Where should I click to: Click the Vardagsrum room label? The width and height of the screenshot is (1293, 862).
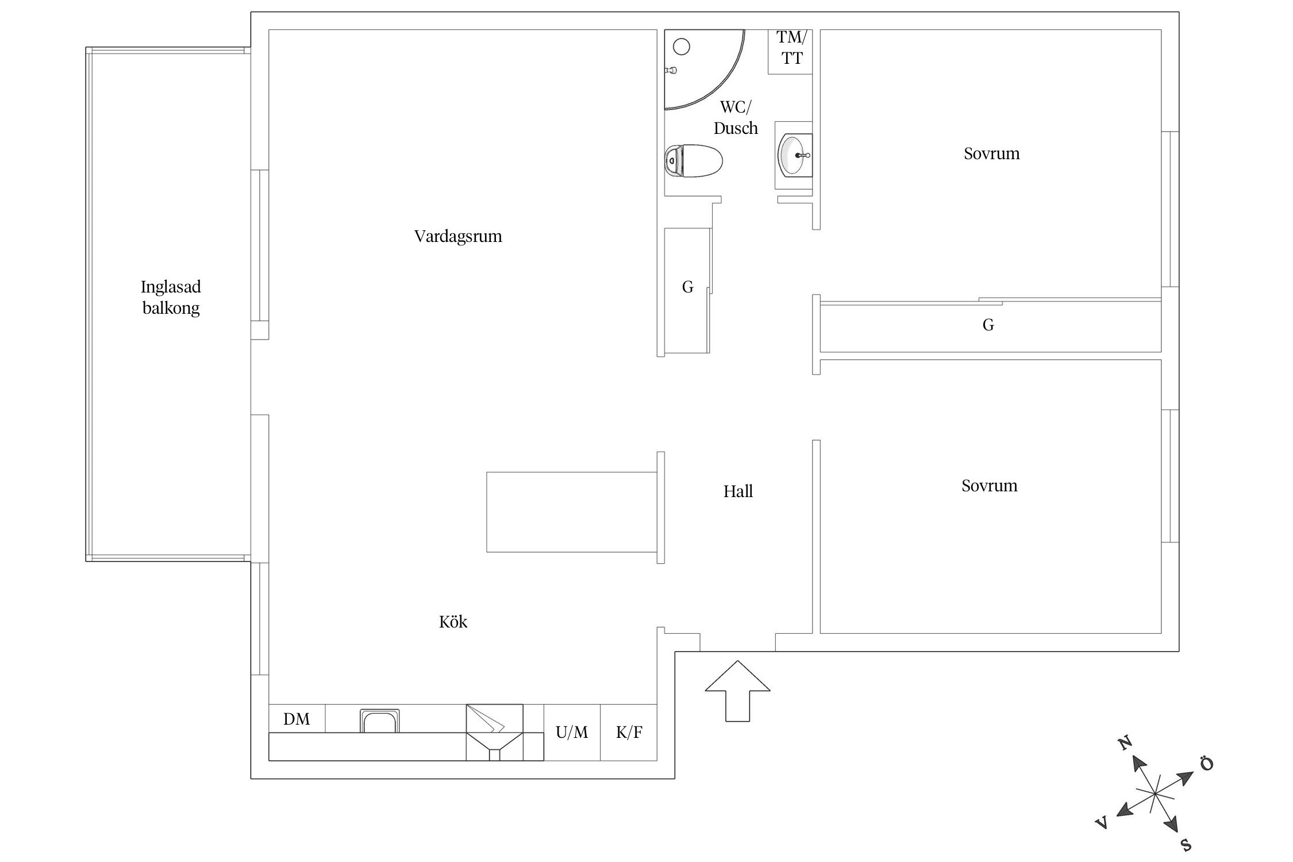(x=458, y=236)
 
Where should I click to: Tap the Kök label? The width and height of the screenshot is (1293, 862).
(x=453, y=622)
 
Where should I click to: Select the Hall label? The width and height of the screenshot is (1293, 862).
(x=738, y=491)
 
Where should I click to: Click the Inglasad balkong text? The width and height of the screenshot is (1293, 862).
(x=171, y=297)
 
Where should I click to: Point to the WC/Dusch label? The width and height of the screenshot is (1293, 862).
(x=736, y=117)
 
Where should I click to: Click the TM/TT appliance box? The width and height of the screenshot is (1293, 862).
(x=791, y=52)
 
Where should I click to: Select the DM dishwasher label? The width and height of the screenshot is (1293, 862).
(x=297, y=719)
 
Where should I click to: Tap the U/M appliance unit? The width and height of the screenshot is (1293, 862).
(x=572, y=732)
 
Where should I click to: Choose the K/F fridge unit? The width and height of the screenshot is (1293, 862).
(x=629, y=732)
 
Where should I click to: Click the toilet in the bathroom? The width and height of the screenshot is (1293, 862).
(x=693, y=161)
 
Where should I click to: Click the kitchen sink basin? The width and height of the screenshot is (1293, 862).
(x=379, y=721)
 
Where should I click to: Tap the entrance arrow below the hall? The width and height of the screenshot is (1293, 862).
(x=737, y=691)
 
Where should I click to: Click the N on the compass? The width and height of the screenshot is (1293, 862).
(x=1125, y=742)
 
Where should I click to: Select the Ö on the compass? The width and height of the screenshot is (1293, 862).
(x=1206, y=764)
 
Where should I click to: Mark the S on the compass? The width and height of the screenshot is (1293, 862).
(x=1186, y=844)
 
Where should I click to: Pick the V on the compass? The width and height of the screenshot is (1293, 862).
(x=1102, y=823)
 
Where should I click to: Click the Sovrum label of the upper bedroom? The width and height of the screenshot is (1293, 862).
(x=992, y=153)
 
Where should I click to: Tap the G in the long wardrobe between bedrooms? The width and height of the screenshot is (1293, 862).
(x=988, y=325)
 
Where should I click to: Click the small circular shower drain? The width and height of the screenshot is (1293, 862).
(x=681, y=47)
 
